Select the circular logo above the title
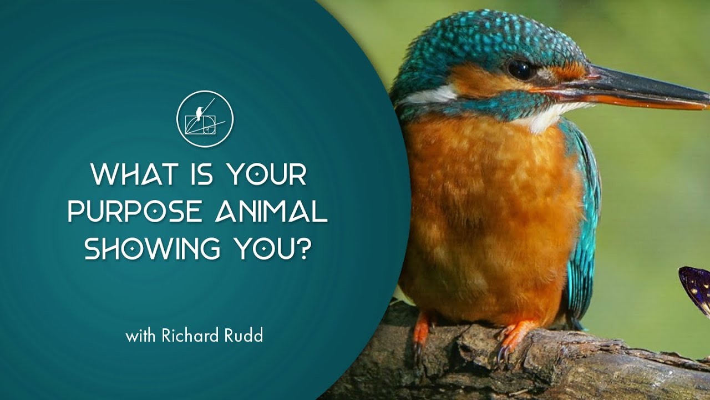point(205,119)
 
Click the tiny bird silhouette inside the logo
point(199,113)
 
